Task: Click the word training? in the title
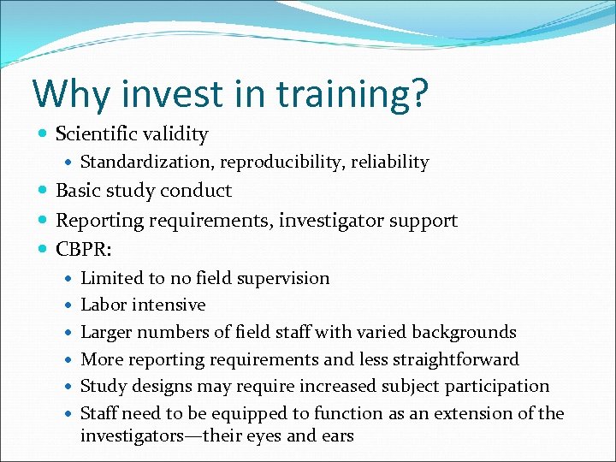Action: (352, 95)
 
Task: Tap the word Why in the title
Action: (68, 93)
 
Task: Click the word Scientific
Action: (95, 134)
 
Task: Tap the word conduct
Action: (198, 191)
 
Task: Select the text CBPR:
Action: (83, 249)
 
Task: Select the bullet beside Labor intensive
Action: (69, 305)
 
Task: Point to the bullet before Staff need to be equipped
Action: (69, 413)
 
